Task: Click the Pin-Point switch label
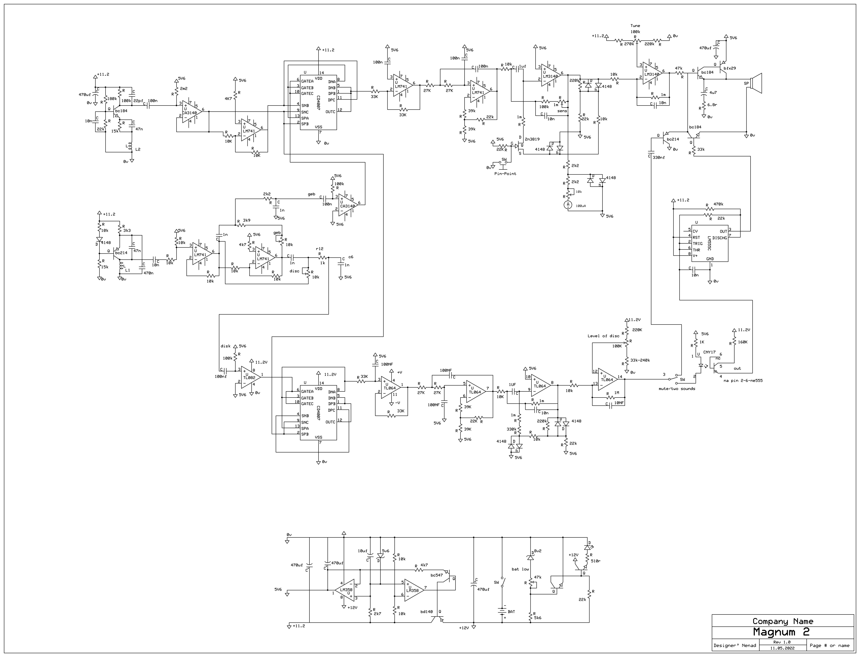click(x=505, y=174)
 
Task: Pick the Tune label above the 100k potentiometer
click(x=635, y=26)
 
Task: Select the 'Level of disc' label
click(x=603, y=336)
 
